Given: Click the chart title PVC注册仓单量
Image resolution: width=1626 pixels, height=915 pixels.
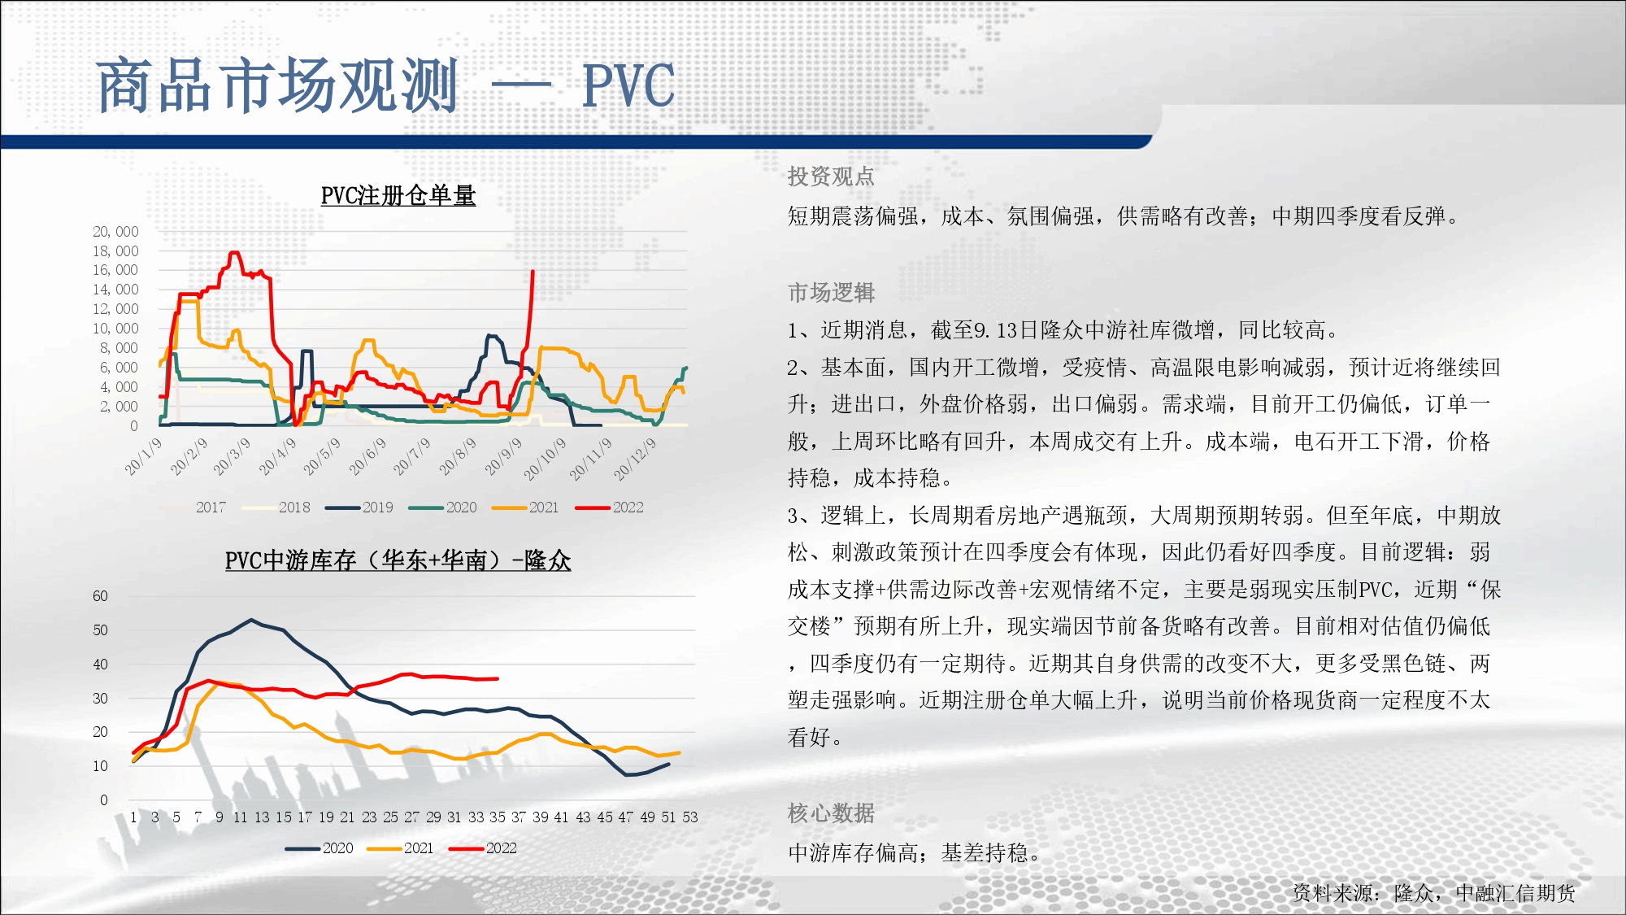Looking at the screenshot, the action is pos(398,195).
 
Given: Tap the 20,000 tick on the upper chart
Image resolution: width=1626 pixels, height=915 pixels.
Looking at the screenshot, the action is pos(115,232).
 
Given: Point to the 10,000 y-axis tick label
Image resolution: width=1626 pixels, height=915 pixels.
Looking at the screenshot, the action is pos(115,329).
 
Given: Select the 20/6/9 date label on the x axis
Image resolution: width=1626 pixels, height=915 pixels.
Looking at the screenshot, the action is pos(368,456).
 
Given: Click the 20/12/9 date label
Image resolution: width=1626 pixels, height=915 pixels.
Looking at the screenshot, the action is pos(635,459).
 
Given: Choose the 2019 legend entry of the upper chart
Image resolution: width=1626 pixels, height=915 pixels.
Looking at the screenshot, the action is pos(359,508).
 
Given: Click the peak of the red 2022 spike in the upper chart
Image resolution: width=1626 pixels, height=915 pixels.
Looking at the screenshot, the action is pos(533,271).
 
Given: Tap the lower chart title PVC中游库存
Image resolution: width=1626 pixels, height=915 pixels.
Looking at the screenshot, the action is pos(398,560).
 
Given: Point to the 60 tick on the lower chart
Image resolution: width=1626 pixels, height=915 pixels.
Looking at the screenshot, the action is pos(100,596).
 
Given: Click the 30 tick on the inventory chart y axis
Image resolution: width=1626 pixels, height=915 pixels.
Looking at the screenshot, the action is pos(100,699).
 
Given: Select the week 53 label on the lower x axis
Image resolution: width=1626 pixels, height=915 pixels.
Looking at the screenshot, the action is pos(690,817).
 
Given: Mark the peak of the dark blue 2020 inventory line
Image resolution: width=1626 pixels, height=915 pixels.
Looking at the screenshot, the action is pos(252,620).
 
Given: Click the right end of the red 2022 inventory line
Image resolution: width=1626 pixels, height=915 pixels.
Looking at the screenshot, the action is pos(498,678).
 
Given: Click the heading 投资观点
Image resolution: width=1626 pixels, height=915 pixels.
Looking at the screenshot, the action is pos(831,176).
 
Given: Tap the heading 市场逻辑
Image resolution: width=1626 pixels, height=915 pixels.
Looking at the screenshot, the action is pos(831,292).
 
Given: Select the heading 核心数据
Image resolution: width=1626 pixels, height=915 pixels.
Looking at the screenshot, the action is pos(831,813).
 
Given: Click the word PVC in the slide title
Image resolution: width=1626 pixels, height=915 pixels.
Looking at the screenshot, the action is pos(628,85).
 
